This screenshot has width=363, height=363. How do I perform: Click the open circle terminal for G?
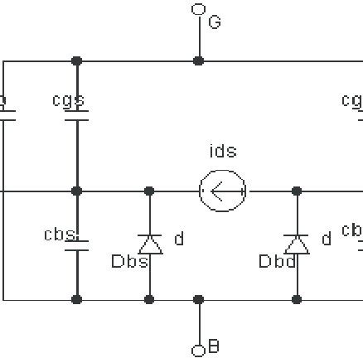coord(198,9)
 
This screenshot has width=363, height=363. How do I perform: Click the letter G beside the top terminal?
coord(215,22)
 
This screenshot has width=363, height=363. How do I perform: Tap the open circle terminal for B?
coord(198,351)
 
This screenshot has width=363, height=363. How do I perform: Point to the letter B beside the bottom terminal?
coord(214,347)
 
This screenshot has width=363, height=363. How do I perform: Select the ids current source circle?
coord(223,191)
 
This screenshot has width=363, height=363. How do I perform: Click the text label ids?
coord(223,151)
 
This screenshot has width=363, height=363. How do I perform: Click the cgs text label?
coord(68,100)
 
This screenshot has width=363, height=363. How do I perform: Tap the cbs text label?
coord(60,235)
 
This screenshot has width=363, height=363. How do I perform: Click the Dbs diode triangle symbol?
coord(149,244)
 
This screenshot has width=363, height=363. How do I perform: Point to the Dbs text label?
coord(129,262)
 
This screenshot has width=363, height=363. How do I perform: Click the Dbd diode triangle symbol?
coord(297,244)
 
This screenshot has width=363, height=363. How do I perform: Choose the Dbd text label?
coord(278,262)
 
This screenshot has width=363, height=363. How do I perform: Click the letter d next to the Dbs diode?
coord(178,240)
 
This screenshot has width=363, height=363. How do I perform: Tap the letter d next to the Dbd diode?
coord(326,240)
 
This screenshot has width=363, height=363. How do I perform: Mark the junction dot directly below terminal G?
coord(198,60)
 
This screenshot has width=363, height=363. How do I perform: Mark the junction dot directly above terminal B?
coord(198,299)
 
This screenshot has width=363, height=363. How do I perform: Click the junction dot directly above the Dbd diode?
coord(297,191)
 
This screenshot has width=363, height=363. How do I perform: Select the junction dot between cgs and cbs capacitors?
coord(77,191)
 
